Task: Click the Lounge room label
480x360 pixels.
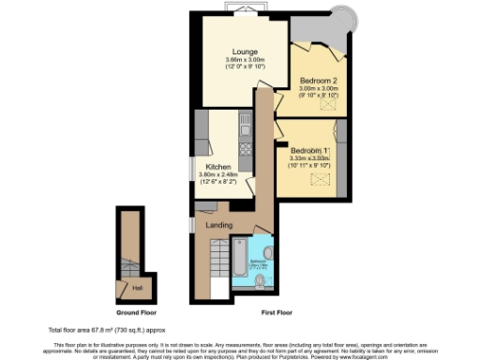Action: pyautogui.click(x=247, y=52)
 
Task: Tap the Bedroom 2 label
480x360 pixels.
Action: pyautogui.click(x=320, y=82)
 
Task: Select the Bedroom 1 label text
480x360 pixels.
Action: pyautogui.click(x=309, y=151)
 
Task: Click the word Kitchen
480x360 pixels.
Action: pyautogui.click(x=219, y=167)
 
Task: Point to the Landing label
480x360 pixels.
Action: pyautogui.click(x=219, y=225)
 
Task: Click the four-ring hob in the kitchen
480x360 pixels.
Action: pyautogui.click(x=244, y=148)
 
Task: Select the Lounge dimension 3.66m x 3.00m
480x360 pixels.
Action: pyautogui.click(x=247, y=61)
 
